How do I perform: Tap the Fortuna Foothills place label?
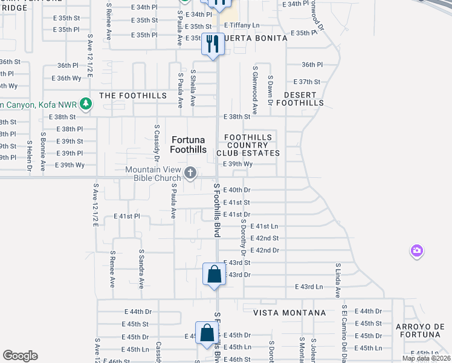(x=188, y=144)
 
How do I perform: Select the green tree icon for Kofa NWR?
(x=86, y=104)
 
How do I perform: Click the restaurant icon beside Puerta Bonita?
(x=212, y=44)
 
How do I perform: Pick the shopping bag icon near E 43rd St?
(x=215, y=275)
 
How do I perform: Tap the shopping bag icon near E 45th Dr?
(x=207, y=333)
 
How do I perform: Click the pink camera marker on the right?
(x=416, y=250)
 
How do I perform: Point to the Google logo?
(x=20, y=356)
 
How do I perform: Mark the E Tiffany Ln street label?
(x=241, y=25)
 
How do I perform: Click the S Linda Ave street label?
(x=337, y=280)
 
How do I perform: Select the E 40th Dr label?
(x=237, y=190)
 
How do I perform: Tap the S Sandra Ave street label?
(x=141, y=269)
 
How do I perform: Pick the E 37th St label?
(x=306, y=82)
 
